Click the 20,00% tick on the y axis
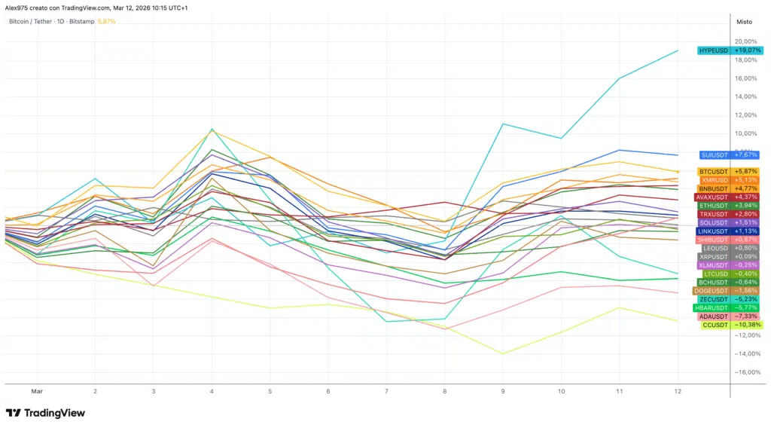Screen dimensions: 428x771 pos(746,41)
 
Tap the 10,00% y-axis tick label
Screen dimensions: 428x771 pos(746,133)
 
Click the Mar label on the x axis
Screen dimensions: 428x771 pos(36,392)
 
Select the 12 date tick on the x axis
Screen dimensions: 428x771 pos(678,392)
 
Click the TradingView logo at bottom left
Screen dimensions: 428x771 pos(45,413)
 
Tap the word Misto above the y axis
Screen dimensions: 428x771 pos(744,22)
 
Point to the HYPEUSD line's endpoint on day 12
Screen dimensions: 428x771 pos(678,50)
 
